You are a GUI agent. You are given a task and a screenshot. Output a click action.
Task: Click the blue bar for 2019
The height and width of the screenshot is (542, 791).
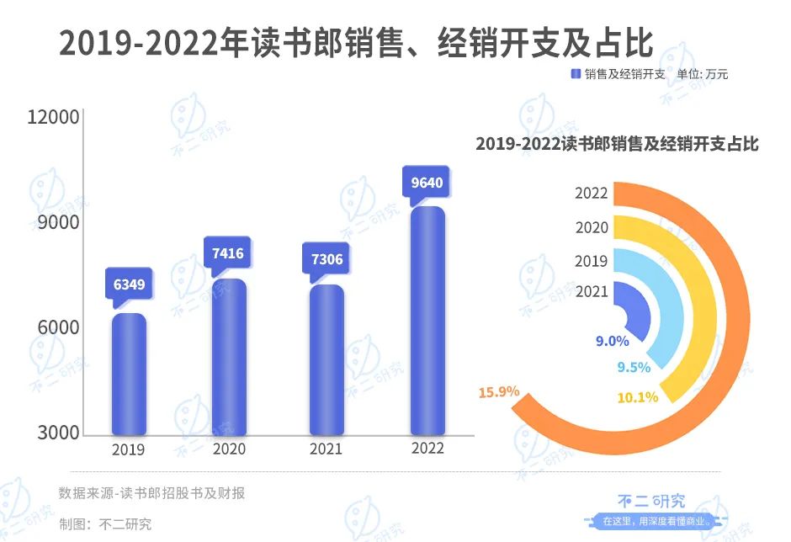coord(129,375)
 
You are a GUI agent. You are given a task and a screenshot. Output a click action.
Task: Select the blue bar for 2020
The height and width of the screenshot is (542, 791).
coord(229,358)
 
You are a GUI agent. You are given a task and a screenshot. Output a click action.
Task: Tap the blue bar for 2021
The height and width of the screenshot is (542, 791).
coord(326,360)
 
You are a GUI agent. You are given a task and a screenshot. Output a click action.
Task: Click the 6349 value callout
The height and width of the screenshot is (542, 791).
coord(129,284)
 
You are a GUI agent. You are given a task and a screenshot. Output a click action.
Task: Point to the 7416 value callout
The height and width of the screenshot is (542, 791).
coord(228,252)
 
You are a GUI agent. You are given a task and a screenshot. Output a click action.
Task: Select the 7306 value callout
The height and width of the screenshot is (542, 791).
coord(326,258)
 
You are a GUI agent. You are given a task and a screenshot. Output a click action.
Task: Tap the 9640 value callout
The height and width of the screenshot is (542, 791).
coord(427,182)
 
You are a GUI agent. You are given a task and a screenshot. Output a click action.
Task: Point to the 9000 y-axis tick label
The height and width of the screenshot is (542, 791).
coord(59,223)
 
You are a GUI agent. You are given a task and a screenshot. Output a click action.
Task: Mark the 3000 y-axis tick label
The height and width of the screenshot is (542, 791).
coord(59,433)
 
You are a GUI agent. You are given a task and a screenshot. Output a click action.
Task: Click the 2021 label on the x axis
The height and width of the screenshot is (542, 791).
coord(326,449)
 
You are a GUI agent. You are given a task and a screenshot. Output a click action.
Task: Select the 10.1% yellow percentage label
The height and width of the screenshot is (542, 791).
coord(637,396)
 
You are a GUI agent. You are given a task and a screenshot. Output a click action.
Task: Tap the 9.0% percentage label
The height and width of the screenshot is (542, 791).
coord(612,341)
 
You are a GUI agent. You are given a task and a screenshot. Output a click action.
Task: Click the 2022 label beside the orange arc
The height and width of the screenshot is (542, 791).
coord(592,193)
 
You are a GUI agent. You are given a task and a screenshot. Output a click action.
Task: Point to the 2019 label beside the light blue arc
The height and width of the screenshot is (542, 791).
coord(592,261)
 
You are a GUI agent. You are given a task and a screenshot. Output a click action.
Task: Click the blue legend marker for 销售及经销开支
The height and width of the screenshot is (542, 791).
coord(576,74)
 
